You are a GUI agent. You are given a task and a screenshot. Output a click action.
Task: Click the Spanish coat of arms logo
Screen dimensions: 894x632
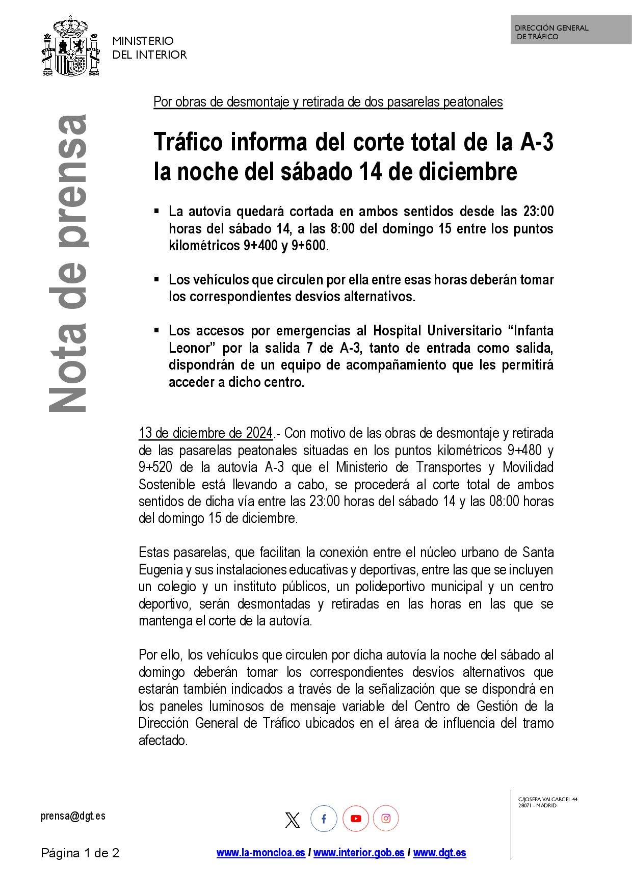(70, 46)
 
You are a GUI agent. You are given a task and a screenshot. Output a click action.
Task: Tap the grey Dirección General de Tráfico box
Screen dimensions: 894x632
(571, 30)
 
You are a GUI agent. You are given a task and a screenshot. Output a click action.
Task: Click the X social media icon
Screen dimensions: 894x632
(293, 820)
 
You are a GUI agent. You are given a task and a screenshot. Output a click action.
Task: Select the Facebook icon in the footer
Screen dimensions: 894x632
(324, 819)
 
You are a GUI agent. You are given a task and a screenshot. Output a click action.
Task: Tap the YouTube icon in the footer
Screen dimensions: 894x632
(356, 819)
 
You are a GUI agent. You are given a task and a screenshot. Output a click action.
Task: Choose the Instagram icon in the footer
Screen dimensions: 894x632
(386, 819)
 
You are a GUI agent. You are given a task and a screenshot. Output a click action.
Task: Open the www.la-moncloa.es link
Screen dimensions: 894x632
(260, 853)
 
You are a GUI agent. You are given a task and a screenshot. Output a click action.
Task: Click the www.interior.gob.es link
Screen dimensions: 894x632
(359, 853)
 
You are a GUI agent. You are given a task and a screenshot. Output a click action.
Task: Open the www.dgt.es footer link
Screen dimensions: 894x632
(439, 853)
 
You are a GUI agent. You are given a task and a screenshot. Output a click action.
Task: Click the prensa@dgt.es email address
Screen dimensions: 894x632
(73, 816)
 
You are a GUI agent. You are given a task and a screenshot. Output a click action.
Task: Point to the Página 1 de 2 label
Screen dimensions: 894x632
(80, 853)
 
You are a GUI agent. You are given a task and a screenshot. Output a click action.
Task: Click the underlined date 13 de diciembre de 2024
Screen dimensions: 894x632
(206, 433)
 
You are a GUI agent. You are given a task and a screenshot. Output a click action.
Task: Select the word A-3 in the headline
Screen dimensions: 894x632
(536, 142)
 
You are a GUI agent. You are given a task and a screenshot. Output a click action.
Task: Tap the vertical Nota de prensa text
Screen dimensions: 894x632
(68, 263)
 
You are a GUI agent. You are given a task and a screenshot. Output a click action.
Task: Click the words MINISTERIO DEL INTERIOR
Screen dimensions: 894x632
(149, 47)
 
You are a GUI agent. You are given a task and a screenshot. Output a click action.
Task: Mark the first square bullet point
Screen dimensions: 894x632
(157, 210)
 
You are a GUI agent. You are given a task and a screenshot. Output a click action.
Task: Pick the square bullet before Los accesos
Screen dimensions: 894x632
(157, 330)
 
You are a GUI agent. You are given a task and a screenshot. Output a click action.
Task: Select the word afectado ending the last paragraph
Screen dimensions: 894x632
(163, 741)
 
